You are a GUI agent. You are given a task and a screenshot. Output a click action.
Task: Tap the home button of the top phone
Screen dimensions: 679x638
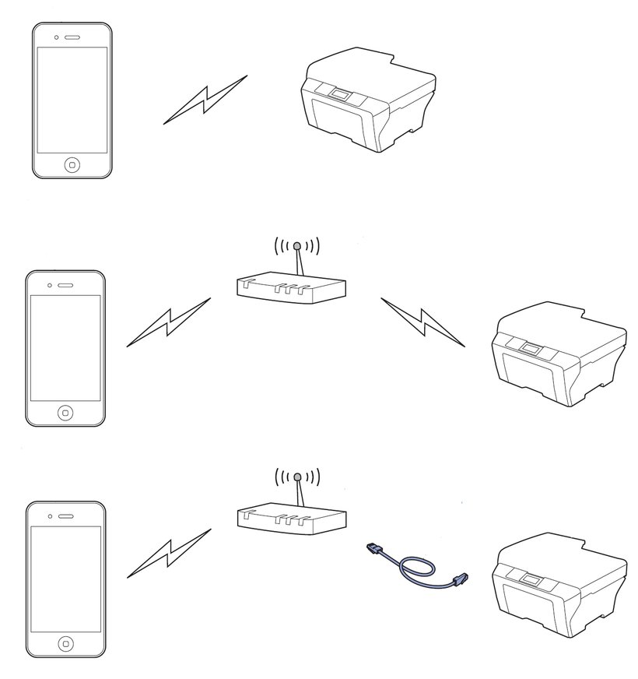72,164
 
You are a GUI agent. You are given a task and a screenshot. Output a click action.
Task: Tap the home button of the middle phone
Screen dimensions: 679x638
65,412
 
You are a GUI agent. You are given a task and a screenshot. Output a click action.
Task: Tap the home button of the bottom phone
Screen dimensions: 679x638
65,643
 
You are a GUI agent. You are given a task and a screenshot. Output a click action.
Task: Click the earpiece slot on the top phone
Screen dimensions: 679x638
72,37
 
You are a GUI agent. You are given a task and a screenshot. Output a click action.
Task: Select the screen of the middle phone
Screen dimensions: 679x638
65,347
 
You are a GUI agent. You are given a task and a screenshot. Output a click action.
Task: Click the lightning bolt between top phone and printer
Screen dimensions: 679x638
205,100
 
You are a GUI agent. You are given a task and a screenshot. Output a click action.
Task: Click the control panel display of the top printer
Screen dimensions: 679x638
341,95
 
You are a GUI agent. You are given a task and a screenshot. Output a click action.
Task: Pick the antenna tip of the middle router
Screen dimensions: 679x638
296,246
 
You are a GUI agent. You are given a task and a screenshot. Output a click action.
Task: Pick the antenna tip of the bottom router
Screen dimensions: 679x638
296,477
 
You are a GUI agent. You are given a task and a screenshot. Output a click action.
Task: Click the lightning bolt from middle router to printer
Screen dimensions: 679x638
422,319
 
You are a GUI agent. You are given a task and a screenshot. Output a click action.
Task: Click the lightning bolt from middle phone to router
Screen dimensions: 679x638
169,319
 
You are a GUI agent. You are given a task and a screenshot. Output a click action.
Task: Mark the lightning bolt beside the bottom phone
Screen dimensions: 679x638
169,551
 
